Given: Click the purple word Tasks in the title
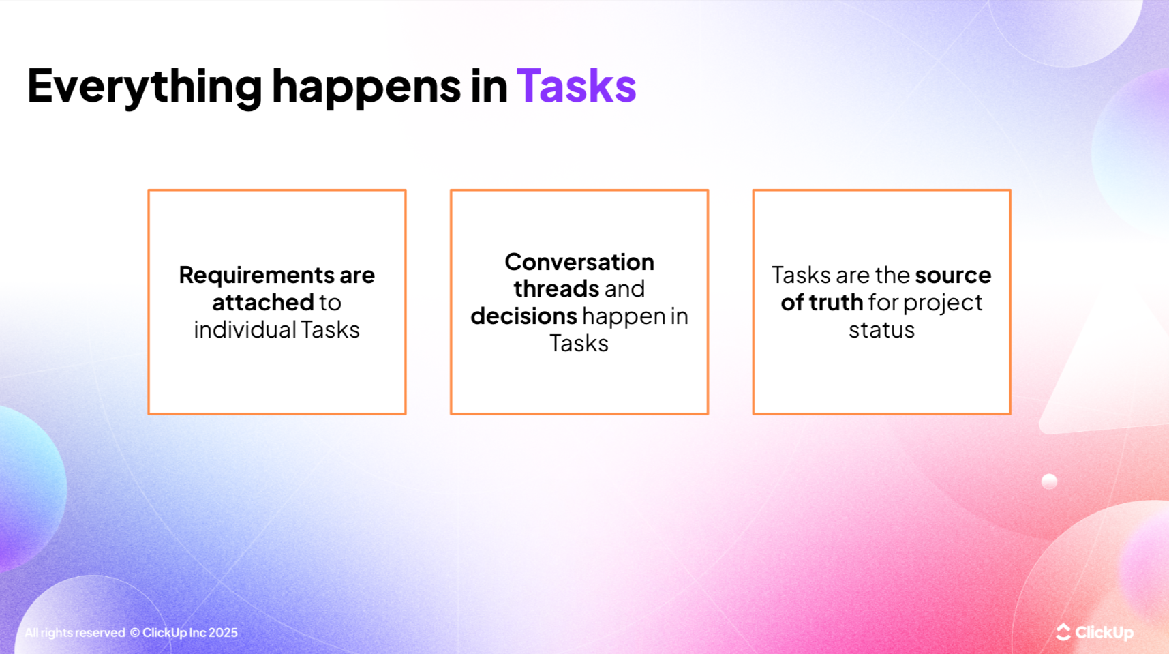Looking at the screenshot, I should click(x=576, y=86).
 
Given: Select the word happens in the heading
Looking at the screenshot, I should click(x=366, y=86).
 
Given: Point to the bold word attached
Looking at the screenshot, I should click(x=262, y=302).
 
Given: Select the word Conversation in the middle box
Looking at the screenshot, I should click(x=579, y=262).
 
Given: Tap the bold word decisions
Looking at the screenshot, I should click(x=523, y=316).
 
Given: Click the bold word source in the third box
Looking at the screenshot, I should click(x=952, y=275).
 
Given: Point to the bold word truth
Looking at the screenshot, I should click(x=836, y=302).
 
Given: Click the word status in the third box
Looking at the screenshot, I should click(x=881, y=329).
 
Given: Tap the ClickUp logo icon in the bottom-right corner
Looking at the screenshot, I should click(x=1063, y=632).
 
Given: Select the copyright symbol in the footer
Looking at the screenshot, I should click(x=135, y=633).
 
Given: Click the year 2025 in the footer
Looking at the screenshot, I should click(x=223, y=633).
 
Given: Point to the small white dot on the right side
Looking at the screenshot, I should click(x=1049, y=481).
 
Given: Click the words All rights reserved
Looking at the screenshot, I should click(x=75, y=633).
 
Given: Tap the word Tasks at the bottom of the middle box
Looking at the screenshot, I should click(x=579, y=343).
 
